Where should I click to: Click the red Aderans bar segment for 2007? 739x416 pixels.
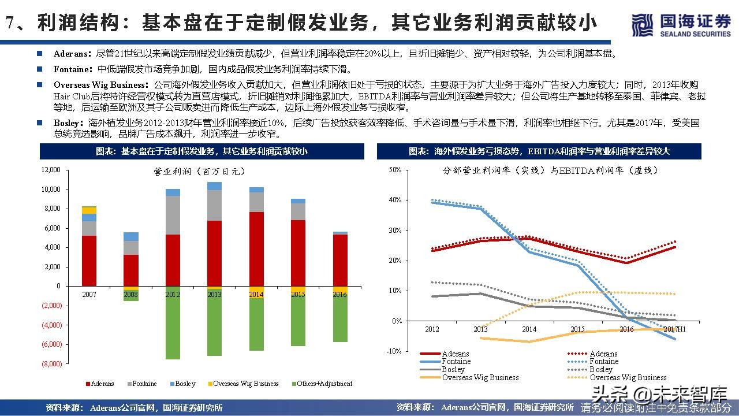click(x=89, y=261)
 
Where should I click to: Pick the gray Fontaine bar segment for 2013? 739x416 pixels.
click(x=214, y=205)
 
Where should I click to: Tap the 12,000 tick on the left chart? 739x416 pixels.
click(x=51, y=170)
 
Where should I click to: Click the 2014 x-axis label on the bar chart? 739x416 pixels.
click(x=256, y=294)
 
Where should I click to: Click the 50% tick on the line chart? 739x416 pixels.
click(x=395, y=170)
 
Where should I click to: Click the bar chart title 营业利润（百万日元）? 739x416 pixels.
click(x=199, y=172)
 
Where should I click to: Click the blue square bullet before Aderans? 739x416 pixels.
click(x=39, y=54)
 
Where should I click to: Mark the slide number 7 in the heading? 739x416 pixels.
click(x=10, y=23)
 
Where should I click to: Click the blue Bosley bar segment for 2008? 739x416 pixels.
click(x=131, y=236)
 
